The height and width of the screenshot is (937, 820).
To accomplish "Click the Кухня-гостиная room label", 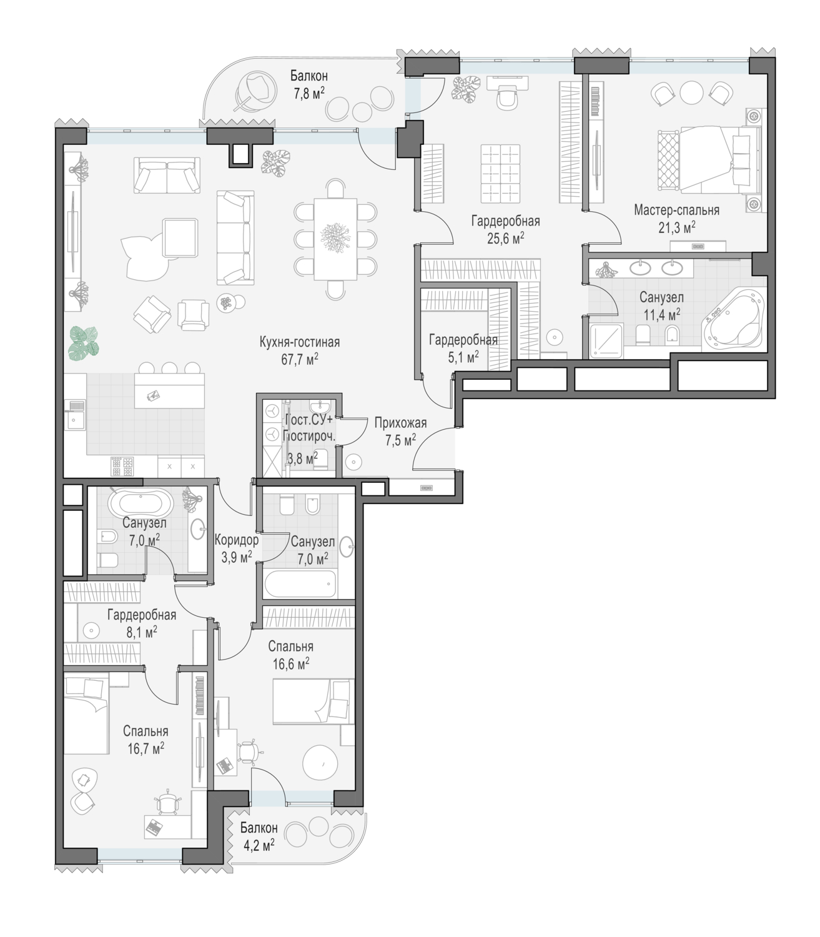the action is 299,342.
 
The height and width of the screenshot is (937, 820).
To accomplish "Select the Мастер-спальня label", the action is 677,211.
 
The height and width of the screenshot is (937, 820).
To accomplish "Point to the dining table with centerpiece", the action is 335,239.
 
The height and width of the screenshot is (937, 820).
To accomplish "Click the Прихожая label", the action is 400,423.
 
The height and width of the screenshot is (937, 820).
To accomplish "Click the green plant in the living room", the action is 83,342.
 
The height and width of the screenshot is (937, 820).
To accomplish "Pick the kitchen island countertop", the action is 169,390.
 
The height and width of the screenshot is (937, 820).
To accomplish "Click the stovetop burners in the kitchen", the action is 122,466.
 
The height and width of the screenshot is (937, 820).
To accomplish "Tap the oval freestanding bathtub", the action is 141,504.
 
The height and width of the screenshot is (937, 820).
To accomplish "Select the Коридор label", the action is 236,540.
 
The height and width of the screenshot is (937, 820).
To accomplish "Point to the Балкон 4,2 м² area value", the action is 259,845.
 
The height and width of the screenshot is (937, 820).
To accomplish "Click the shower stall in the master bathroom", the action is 606,340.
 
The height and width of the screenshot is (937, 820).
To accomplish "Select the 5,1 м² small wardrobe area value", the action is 463,357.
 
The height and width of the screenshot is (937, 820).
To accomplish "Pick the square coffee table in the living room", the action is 180,237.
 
